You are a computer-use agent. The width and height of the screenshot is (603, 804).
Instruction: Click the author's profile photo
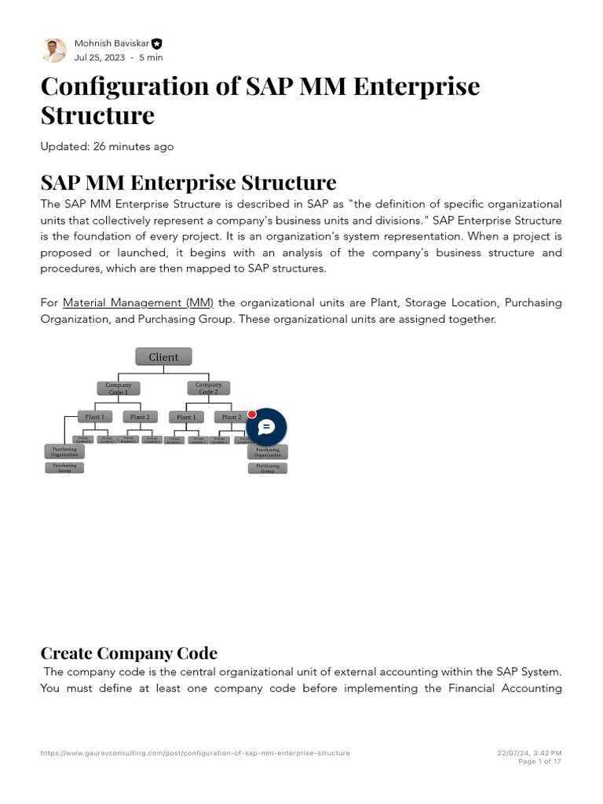coord(53,50)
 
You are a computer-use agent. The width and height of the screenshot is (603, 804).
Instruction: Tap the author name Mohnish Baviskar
coord(111,43)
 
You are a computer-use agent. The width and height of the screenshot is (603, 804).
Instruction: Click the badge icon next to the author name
coord(157,44)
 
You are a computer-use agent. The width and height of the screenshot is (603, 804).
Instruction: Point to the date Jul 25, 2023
coord(100,57)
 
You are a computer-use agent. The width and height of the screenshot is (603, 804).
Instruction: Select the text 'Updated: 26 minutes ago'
coord(107,147)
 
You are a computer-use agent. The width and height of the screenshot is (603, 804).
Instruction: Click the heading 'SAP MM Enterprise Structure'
coord(188,183)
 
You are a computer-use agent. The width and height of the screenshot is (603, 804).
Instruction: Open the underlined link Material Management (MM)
coord(138,302)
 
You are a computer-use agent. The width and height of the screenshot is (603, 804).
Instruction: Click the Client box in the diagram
coord(163,357)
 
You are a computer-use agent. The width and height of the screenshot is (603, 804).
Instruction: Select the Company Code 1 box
coord(119,388)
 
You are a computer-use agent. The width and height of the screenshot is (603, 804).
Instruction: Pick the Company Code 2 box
coord(208,388)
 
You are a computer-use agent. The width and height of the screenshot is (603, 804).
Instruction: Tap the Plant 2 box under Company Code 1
coord(140,417)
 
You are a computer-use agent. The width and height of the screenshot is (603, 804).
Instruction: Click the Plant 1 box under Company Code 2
coord(186,417)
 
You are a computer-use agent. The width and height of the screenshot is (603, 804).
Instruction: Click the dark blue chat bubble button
coord(266,427)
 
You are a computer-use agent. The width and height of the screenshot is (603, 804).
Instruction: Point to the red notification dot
coord(252,414)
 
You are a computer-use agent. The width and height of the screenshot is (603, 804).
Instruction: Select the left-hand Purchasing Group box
coord(64,467)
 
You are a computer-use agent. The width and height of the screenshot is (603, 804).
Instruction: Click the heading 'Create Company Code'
coord(129,653)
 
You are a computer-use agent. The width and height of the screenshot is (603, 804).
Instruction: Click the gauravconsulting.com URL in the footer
coord(195,753)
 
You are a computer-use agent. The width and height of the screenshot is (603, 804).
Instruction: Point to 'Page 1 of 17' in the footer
coord(540,762)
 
